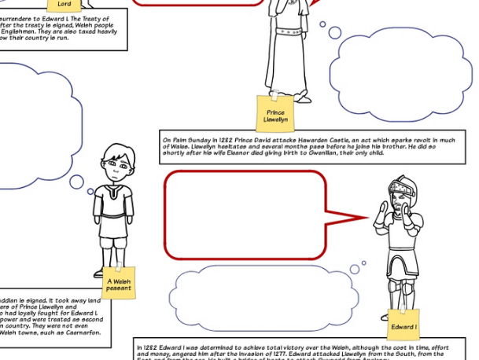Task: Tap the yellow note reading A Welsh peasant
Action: click(x=120, y=284)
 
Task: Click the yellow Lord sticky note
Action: click(x=64, y=5)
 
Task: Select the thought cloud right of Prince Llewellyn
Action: click(x=400, y=72)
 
